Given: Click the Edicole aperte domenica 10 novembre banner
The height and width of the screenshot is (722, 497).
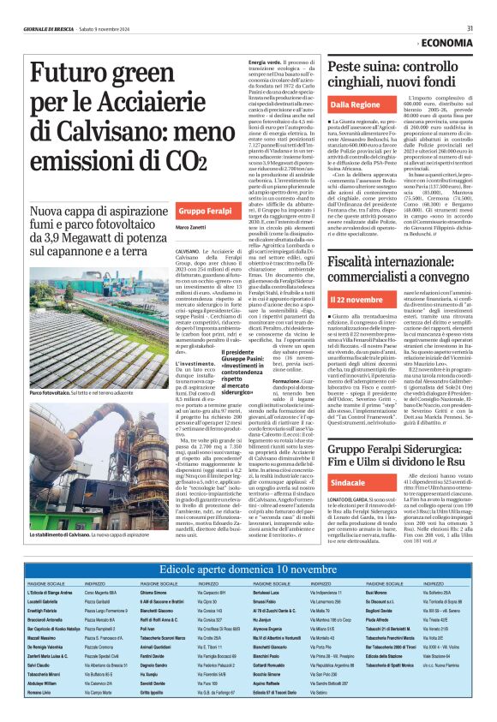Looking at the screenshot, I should (248, 567).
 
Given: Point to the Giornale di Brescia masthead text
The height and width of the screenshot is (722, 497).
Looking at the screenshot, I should (51, 27).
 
